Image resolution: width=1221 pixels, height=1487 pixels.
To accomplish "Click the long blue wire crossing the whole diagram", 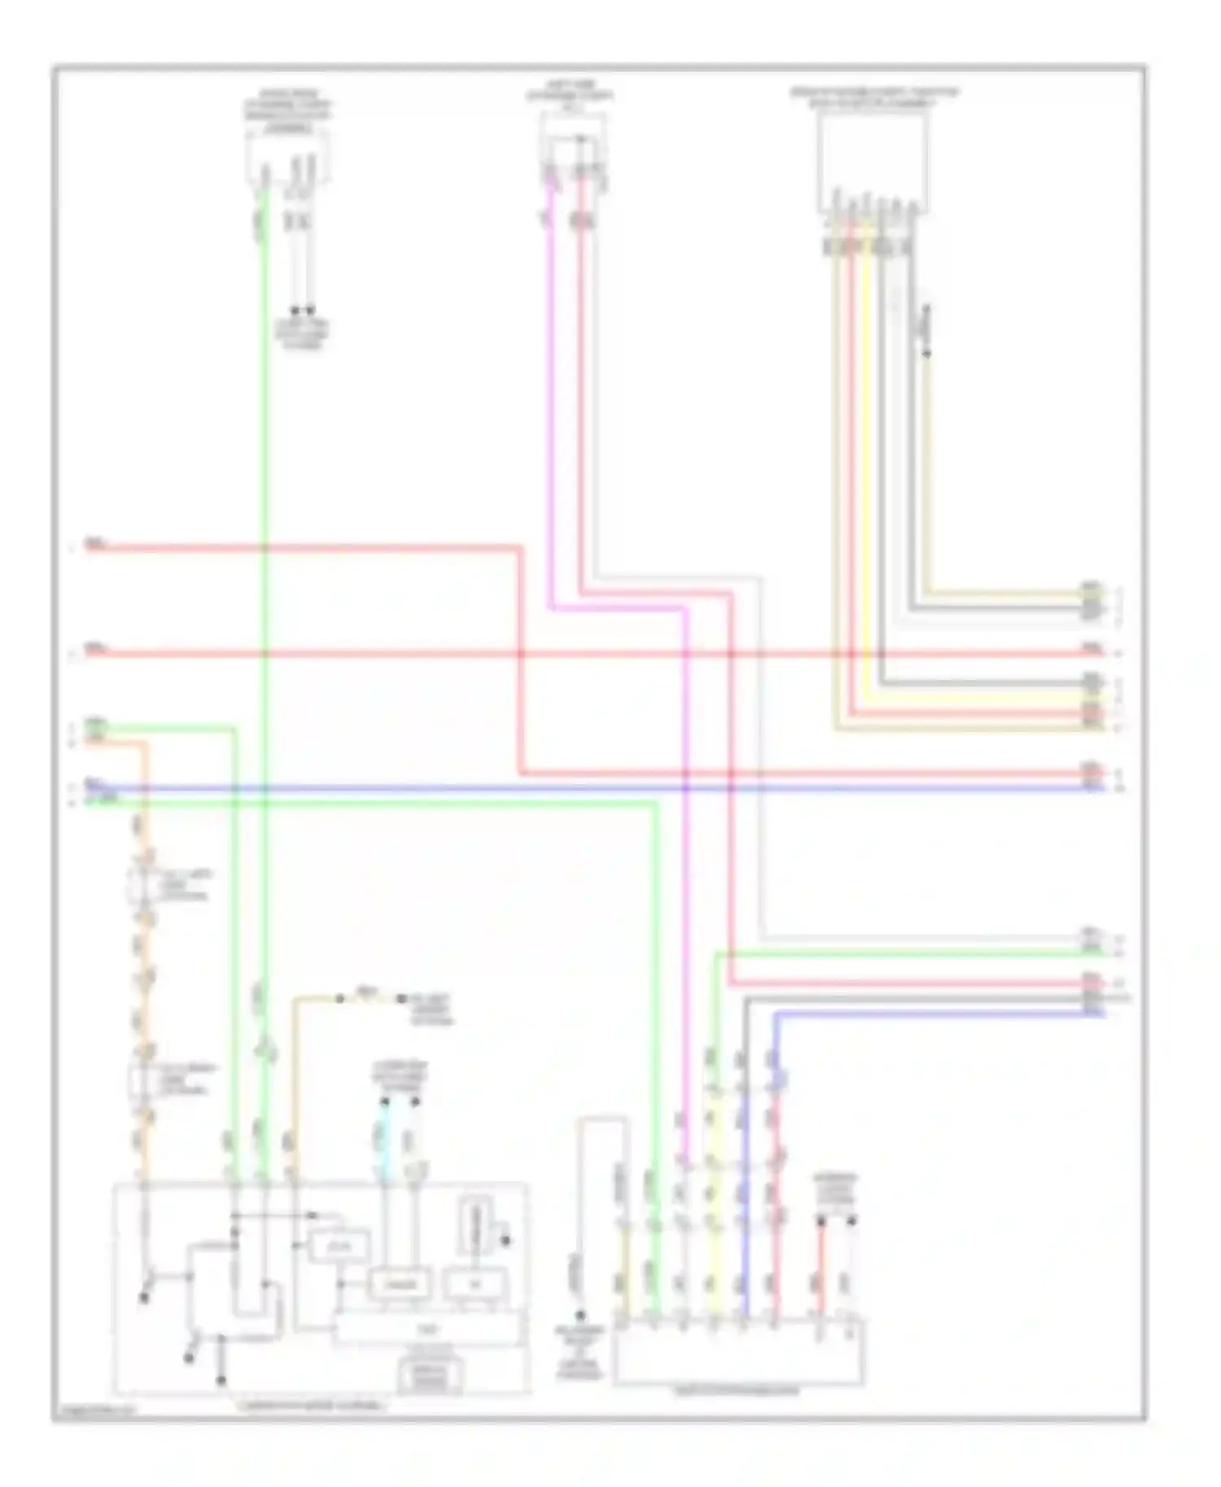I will (x=570, y=788).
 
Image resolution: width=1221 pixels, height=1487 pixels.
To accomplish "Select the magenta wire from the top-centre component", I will (x=551, y=407).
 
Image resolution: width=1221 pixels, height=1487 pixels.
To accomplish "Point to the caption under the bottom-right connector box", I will (x=737, y=1392).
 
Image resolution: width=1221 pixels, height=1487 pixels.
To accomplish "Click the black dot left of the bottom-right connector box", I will (x=580, y=1315).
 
